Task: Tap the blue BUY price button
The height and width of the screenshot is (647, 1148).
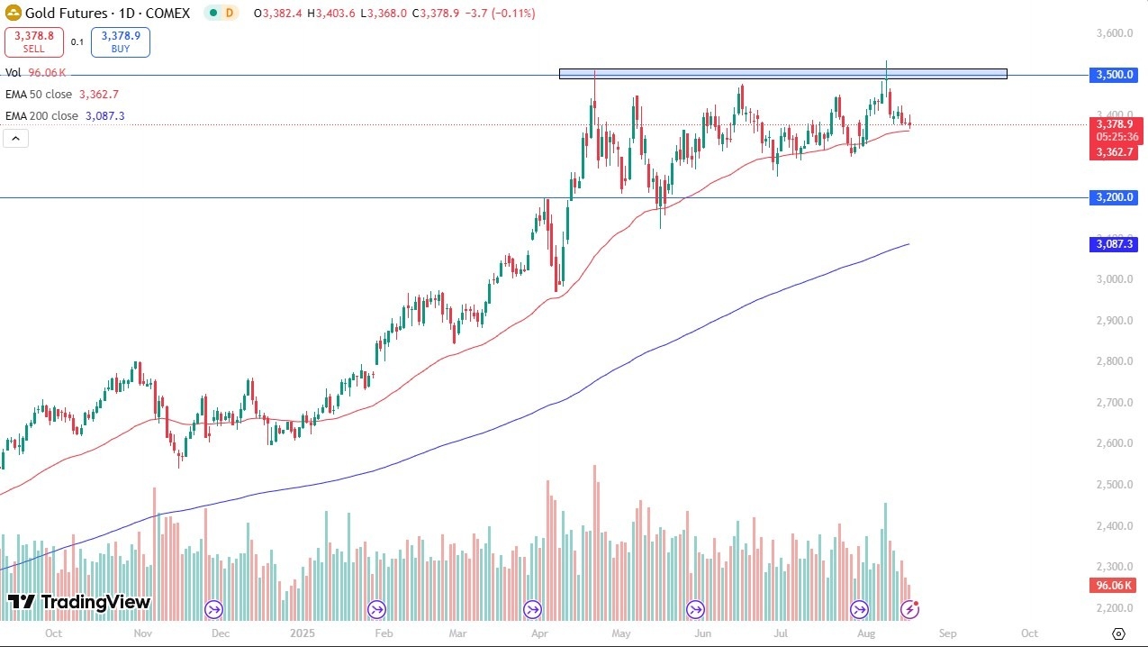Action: tap(120, 41)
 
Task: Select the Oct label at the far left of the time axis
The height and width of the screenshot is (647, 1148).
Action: tap(52, 633)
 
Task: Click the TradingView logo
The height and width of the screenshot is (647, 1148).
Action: tap(79, 603)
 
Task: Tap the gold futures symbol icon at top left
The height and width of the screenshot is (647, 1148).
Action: tap(14, 14)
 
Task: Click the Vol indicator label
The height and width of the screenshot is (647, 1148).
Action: tap(14, 72)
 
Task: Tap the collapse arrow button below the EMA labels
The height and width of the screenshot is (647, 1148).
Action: tap(16, 138)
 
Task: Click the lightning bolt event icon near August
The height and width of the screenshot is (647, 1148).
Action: tap(910, 610)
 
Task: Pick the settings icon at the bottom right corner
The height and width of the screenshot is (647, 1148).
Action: tap(1118, 633)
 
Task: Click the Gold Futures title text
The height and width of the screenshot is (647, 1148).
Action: tap(67, 14)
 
